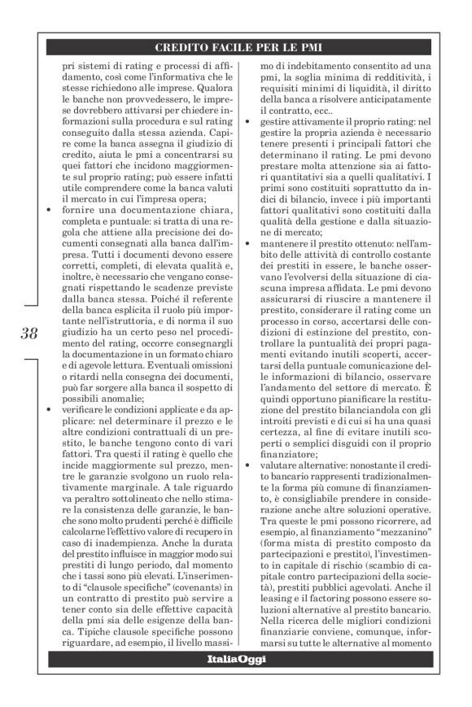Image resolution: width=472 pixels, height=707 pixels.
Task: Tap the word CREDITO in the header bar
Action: (x=182, y=47)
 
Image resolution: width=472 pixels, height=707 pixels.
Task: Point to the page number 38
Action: (x=29, y=333)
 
